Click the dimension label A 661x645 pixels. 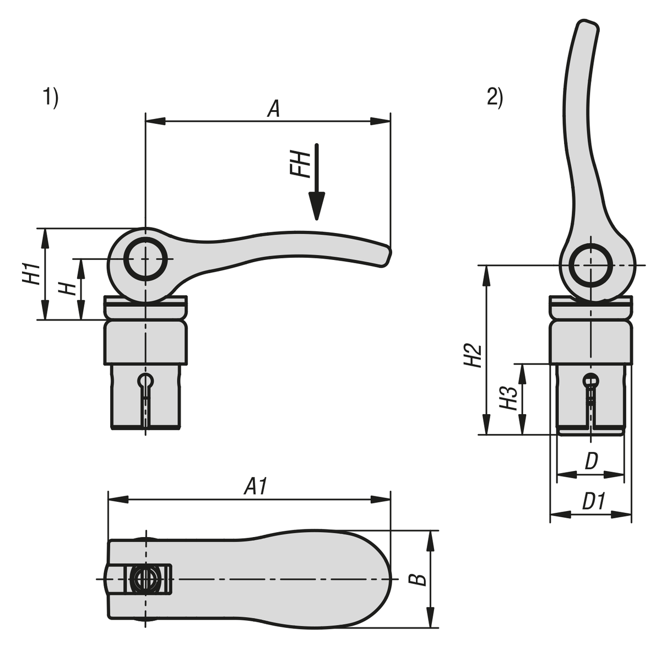[x=273, y=108]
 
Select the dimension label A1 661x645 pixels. [x=257, y=487]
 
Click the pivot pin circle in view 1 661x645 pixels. [x=145, y=259]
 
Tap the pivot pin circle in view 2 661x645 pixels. [x=590, y=265]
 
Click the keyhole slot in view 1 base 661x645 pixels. [x=146, y=381]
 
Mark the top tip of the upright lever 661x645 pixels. [x=587, y=25]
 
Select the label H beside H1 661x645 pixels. [x=68, y=288]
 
